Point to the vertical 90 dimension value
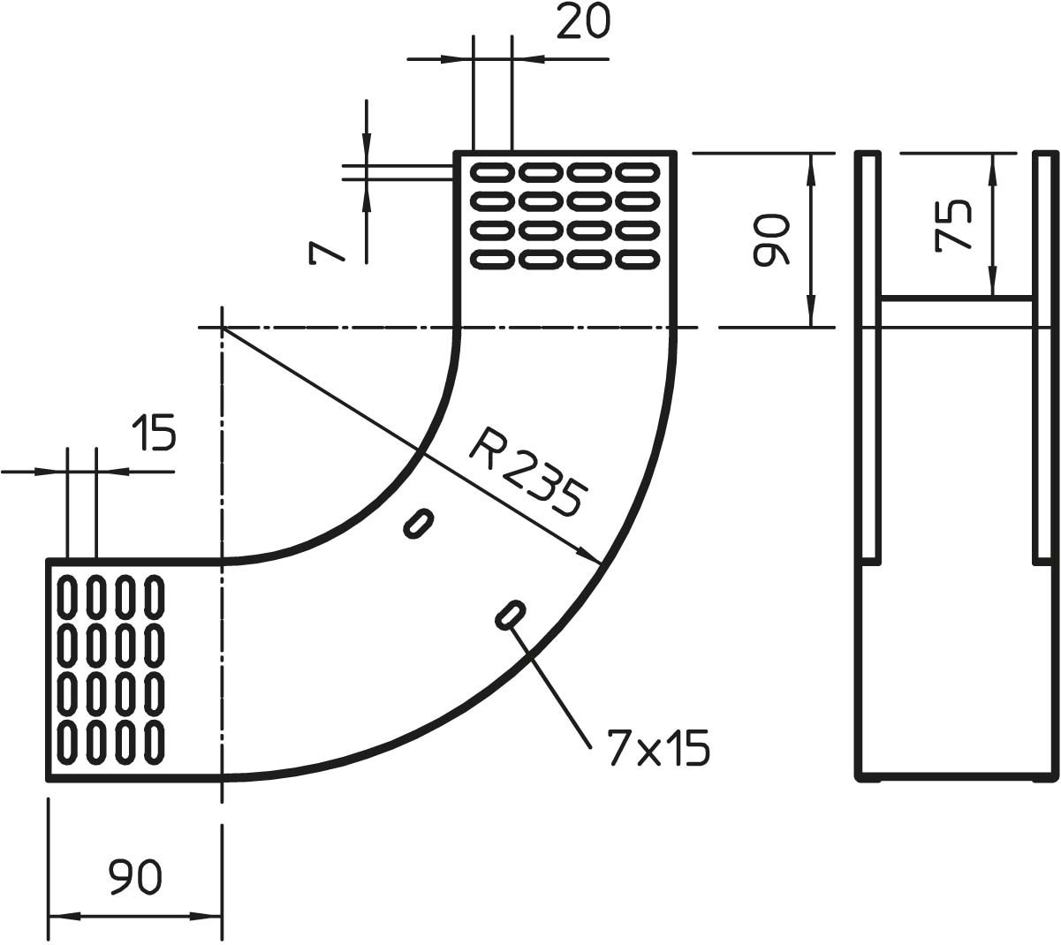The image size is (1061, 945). click(769, 239)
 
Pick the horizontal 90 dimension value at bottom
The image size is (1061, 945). click(135, 877)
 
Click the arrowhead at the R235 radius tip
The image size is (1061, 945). click(590, 556)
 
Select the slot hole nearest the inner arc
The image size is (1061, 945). click(418, 523)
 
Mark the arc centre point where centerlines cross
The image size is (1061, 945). click(223, 328)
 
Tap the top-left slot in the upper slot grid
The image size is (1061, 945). click(492, 170)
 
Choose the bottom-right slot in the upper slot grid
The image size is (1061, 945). click(638, 260)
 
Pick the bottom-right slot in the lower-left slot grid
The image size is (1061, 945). click(155, 739)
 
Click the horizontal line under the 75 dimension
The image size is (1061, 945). click(956, 299)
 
